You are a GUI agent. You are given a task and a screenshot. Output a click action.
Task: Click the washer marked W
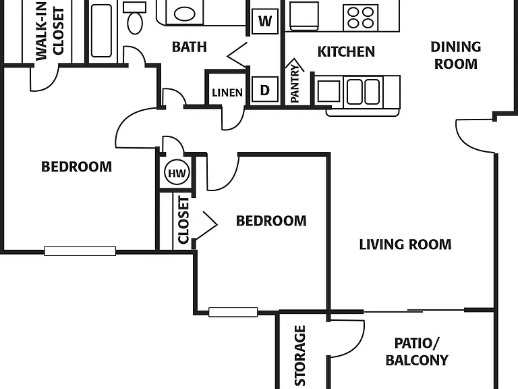click(x=264, y=21)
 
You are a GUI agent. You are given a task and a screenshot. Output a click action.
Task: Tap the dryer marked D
click(x=264, y=89)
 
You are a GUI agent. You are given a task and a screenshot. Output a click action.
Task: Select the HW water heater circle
click(x=177, y=173)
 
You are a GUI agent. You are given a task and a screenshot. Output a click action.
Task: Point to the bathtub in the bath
click(x=101, y=31)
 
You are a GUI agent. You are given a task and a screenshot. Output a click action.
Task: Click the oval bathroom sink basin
click(x=184, y=14)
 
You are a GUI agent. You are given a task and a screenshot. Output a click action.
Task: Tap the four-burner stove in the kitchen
click(x=360, y=18)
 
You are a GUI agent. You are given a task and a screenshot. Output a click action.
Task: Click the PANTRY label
click(x=295, y=83)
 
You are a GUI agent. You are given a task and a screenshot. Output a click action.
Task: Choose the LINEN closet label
click(x=227, y=93)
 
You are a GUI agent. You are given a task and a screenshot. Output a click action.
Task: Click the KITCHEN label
click(x=346, y=51)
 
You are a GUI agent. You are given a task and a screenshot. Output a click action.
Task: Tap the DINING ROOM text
click(x=455, y=55)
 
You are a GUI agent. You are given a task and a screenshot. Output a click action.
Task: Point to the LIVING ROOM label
click(x=405, y=244)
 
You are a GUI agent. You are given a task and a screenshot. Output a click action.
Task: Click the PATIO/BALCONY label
click(x=417, y=352)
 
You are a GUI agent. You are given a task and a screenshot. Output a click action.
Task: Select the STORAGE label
click(x=299, y=356)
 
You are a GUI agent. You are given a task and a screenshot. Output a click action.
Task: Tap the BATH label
click(x=190, y=47)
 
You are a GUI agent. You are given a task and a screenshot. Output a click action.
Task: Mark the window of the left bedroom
click(x=80, y=251)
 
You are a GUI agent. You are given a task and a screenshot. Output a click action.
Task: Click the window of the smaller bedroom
click(x=233, y=312)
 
